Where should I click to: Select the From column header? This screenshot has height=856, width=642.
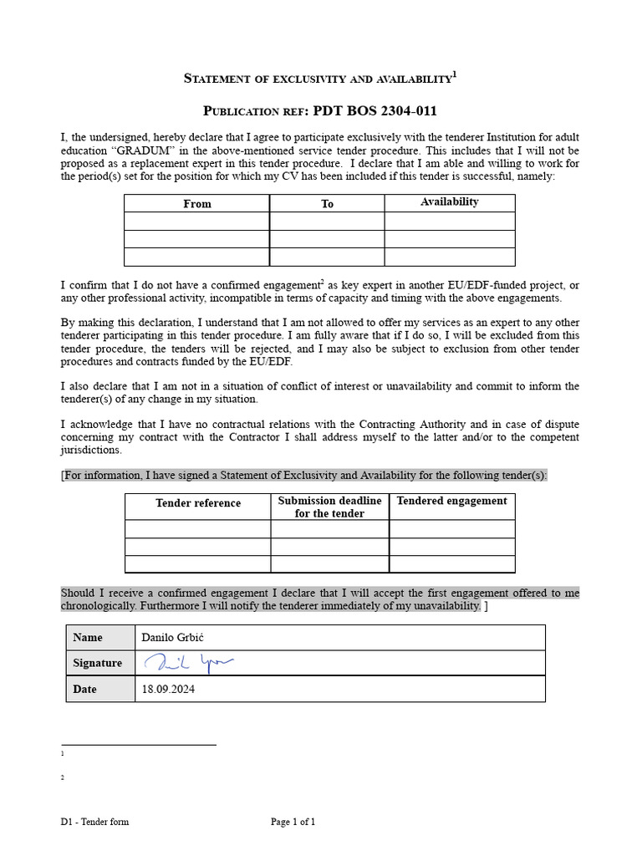click(196, 204)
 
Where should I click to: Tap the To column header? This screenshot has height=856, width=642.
click(327, 204)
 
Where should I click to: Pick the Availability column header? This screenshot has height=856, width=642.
click(450, 202)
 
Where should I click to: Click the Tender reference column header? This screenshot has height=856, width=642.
click(198, 503)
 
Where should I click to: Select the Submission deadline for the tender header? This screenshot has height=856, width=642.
click(329, 507)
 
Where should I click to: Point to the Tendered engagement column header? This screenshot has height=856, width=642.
click(451, 501)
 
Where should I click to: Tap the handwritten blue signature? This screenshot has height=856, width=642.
click(189, 663)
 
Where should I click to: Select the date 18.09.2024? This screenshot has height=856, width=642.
click(170, 690)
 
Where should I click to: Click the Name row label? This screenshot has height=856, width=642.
click(88, 637)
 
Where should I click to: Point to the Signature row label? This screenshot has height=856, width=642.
click(97, 663)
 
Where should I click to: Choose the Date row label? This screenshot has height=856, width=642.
click(84, 690)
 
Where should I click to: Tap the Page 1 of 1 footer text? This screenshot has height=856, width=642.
click(293, 822)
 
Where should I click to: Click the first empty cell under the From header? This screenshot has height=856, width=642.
click(196, 222)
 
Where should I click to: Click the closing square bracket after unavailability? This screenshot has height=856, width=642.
click(487, 605)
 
